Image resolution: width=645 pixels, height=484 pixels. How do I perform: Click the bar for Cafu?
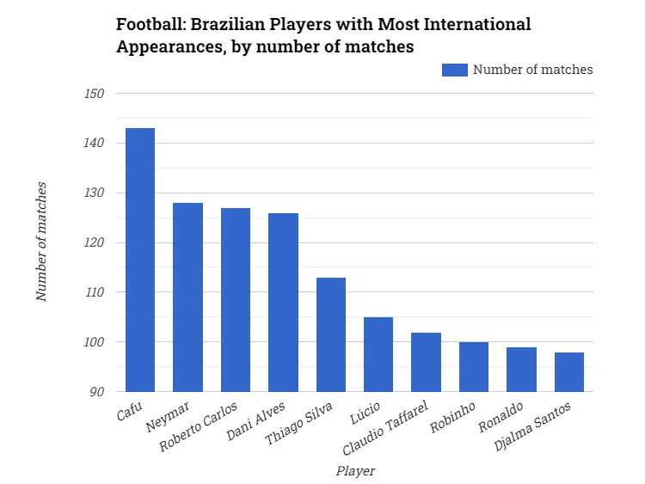click(140, 260)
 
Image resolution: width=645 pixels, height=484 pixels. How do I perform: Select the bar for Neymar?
click(187, 297)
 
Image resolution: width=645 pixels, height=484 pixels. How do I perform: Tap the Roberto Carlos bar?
click(236, 300)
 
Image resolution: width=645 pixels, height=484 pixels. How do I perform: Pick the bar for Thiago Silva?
click(331, 334)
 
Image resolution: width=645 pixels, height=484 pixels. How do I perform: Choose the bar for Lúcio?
click(378, 354)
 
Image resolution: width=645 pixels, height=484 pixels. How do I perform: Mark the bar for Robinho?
click(474, 367)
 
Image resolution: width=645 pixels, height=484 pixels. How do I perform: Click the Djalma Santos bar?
click(569, 372)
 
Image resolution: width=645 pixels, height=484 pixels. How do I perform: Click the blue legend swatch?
click(454, 70)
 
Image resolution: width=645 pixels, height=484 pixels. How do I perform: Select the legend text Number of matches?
click(532, 70)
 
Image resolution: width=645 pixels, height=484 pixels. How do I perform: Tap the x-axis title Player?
click(354, 470)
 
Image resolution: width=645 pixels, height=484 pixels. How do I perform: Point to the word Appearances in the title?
click(167, 47)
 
